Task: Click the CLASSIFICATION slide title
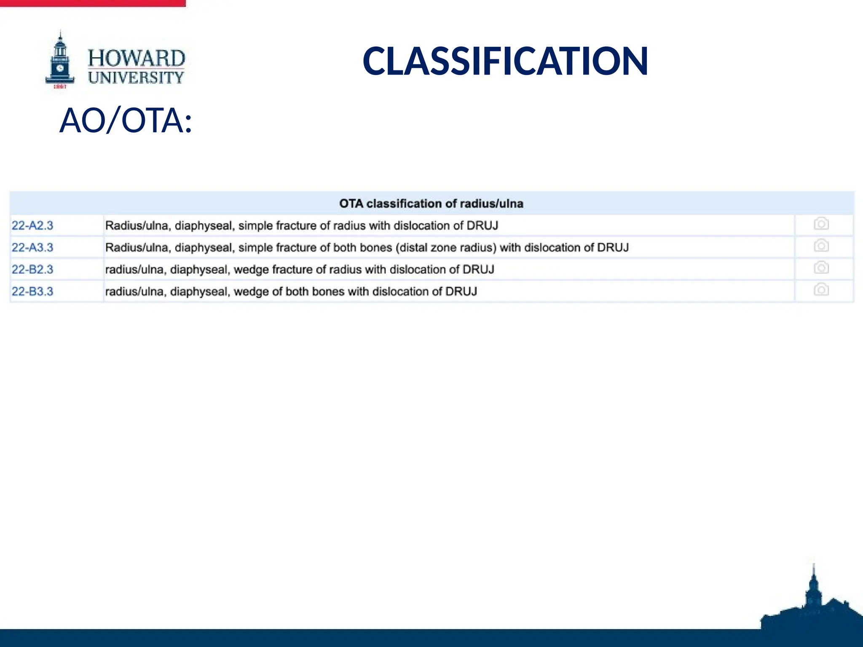tap(505, 61)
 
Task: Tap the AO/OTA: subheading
tap(126, 120)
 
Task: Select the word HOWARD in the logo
tap(136, 58)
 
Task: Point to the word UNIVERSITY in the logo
tap(136, 78)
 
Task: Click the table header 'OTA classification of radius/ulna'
tap(431, 204)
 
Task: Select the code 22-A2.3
tap(32, 226)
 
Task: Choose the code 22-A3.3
tap(32, 248)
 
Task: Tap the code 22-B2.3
tap(32, 270)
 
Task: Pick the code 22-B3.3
tap(32, 291)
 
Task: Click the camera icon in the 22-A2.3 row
tap(821, 224)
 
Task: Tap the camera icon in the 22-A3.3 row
tap(821, 246)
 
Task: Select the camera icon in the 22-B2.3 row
tap(821, 268)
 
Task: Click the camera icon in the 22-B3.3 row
tap(821, 290)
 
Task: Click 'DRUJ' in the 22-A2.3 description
tap(482, 226)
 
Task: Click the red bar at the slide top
tap(93, 3)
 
